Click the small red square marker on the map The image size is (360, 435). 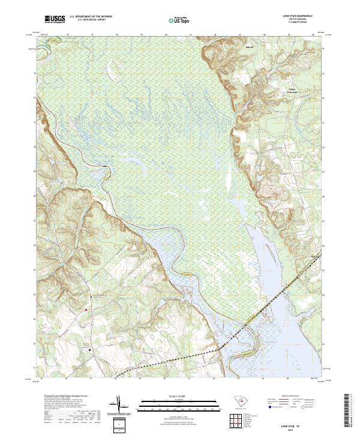click(x=86, y=310)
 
